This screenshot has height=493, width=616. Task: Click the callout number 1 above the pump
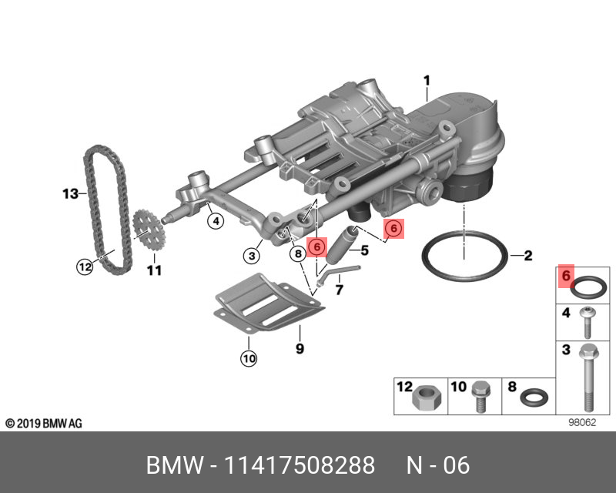coord(426,79)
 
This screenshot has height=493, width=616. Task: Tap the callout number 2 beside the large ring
coord(527,255)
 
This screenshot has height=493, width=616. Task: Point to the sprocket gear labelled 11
coord(149,230)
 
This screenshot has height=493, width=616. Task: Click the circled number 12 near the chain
coord(85,267)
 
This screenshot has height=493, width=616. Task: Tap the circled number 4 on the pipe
coord(216,222)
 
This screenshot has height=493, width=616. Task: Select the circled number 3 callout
coord(250,255)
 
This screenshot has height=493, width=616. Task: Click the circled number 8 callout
coord(296,253)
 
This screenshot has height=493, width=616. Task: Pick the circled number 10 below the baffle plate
coord(249,358)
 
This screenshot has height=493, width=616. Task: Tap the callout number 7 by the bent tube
coord(338,290)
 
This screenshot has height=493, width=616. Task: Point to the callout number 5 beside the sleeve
coord(365,250)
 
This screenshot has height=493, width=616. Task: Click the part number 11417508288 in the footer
coord(299,466)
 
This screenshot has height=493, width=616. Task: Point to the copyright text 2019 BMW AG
coord(43,424)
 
